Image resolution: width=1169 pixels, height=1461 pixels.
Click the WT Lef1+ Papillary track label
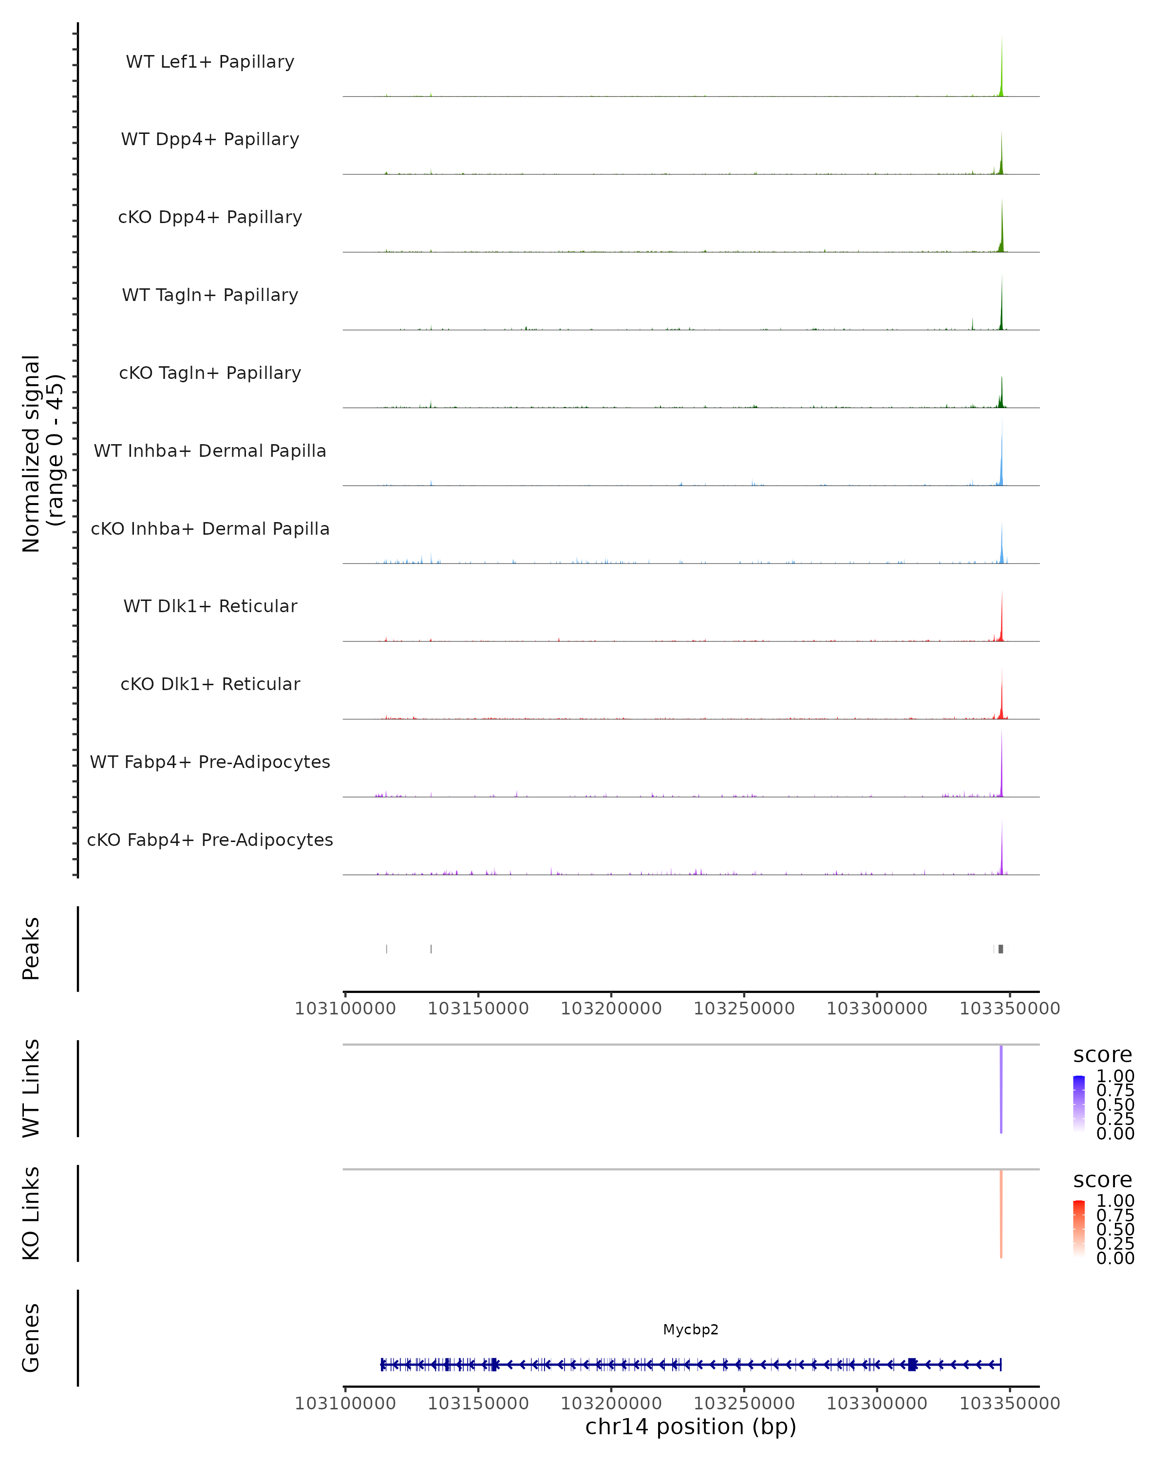coord(210,62)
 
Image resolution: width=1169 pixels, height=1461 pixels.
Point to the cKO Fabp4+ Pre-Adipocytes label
coord(210,840)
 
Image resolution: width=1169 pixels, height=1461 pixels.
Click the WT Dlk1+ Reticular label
coord(210,606)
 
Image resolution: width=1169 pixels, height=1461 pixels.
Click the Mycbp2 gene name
coord(691,1330)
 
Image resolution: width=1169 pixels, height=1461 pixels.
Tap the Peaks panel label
coord(31,949)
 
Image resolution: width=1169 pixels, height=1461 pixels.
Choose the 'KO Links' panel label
coord(31,1213)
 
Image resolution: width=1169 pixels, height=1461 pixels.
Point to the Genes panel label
coord(31,1338)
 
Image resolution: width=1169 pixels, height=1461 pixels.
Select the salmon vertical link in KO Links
coord(1001,1213)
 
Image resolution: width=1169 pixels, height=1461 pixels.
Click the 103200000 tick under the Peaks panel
coord(611,1009)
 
